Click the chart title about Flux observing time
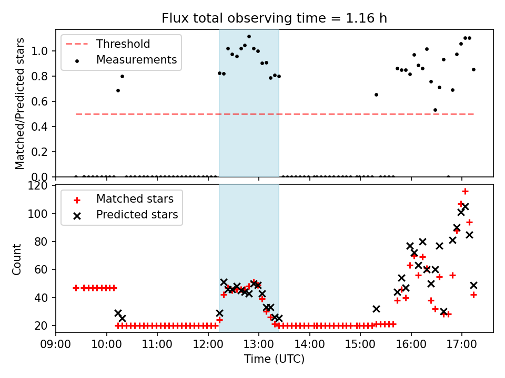(274, 18)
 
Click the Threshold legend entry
(123, 44)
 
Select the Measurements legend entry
(136, 60)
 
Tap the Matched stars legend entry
(136, 199)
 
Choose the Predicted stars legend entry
(137, 215)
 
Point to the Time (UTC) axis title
(274, 360)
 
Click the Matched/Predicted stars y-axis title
(20, 103)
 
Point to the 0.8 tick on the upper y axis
(42, 76)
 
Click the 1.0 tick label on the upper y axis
(42, 51)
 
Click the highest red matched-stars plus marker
(465, 191)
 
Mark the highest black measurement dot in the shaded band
(249, 37)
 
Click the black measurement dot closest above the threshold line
(435, 110)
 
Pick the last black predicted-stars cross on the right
(473, 285)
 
